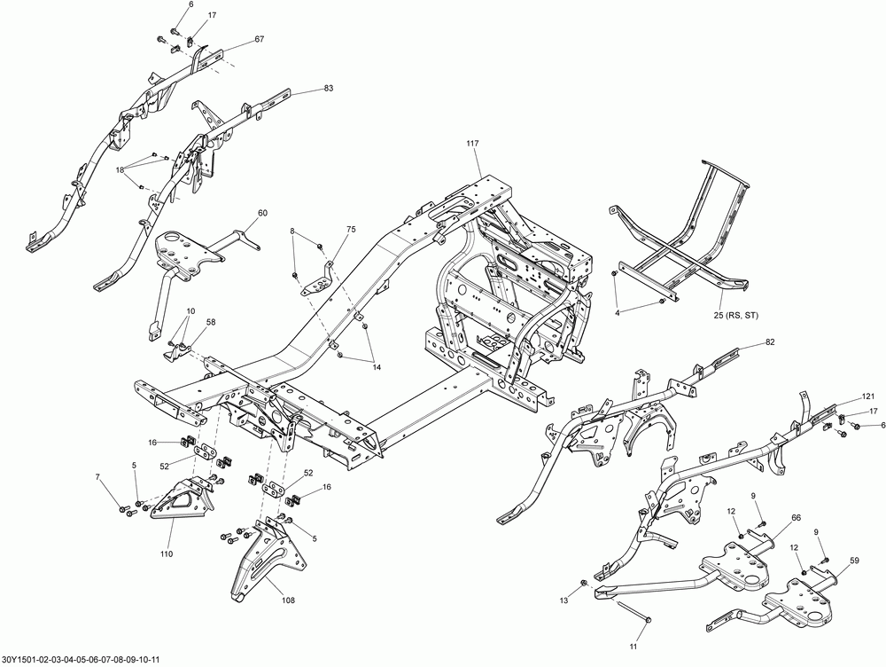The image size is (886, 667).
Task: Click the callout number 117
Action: click(x=471, y=144)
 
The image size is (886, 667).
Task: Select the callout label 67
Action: click(x=259, y=39)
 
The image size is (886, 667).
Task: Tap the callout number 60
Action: click(x=262, y=213)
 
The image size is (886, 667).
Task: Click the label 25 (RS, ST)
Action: click(x=735, y=315)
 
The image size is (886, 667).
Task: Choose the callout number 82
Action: click(x=769, y=342)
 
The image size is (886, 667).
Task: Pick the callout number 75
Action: click(x=351, y=230)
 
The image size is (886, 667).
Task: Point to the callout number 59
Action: click(x=854, y=561)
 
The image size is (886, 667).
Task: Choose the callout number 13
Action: click(x=562, y=600)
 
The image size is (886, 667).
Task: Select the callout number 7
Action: click(x=98, y=479)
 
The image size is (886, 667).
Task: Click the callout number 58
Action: click(x=211, y=323)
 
